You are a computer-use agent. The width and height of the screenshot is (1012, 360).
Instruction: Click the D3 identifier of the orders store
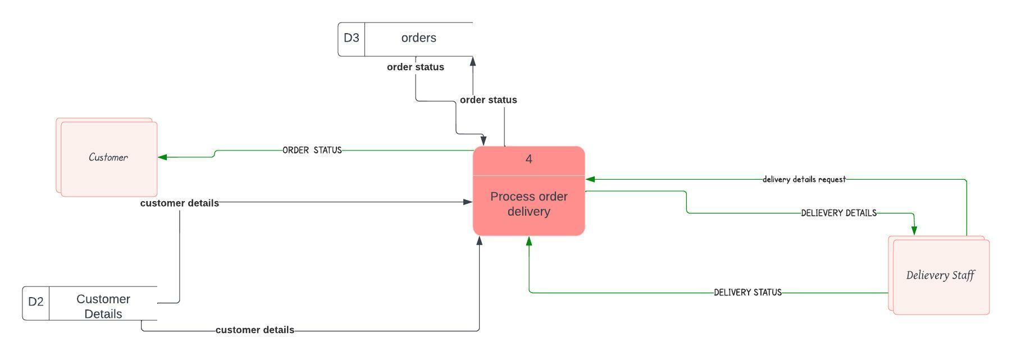point(351,38)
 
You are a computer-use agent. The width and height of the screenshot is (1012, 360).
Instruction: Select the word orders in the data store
point(418,38)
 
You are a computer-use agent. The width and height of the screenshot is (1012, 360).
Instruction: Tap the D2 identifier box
point(35,302)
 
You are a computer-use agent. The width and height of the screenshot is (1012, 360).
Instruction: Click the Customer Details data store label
point(103,306)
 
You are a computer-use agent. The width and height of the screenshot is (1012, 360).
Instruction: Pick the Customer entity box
point(108,158)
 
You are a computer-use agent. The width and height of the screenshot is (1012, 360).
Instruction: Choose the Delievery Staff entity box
point(940,275)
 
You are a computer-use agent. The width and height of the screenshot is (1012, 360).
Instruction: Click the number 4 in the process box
point(528,160)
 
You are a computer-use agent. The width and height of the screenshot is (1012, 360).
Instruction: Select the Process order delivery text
point(528,204)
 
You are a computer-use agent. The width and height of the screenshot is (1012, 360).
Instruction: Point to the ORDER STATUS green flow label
point(312,151)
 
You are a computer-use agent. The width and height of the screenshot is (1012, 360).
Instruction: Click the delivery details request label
point(804,180)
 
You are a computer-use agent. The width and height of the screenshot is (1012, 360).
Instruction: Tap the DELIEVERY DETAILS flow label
point(838,213)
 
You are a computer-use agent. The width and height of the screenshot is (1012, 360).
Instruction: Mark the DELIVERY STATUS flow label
point(747,293)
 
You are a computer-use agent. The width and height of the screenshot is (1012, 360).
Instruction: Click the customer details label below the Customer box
point(179,203)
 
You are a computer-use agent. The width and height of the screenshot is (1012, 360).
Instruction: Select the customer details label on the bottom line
point(254,330)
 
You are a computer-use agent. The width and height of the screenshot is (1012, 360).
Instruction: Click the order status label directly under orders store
point(415,67)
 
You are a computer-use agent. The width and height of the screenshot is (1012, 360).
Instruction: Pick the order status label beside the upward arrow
point(488,100)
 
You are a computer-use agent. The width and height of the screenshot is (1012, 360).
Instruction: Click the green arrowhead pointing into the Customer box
point(162,157)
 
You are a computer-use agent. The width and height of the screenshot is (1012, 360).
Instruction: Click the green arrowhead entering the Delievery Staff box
point(914,230)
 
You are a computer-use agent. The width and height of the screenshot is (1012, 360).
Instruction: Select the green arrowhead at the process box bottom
point(528,241)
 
